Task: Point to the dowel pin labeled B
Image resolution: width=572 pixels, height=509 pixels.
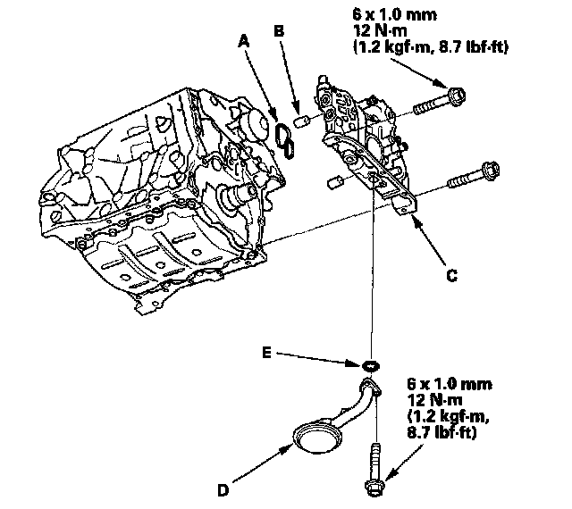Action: [301, 121]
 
